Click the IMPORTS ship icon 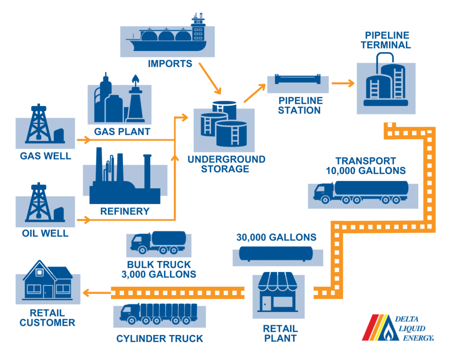(x=167, y=37)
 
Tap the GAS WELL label (x=45, y=156)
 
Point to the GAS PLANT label (x=122, y=131)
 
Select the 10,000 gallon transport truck (x=361, y=192)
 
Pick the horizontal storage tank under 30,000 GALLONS (x=276, y=254)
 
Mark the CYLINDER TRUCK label (x=160, y=338)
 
